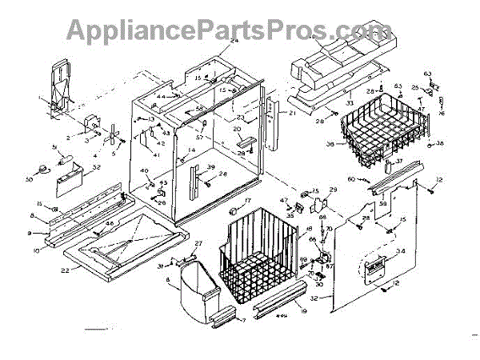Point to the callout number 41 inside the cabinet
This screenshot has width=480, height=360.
tap(157, 154)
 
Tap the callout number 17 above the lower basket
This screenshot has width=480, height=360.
tap(248, 200)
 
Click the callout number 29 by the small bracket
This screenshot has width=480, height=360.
tap(334, 190)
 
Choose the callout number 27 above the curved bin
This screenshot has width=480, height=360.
tap(199, 243)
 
